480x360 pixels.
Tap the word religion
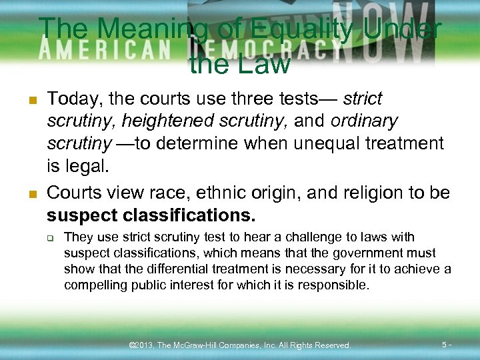click(375, 193)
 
